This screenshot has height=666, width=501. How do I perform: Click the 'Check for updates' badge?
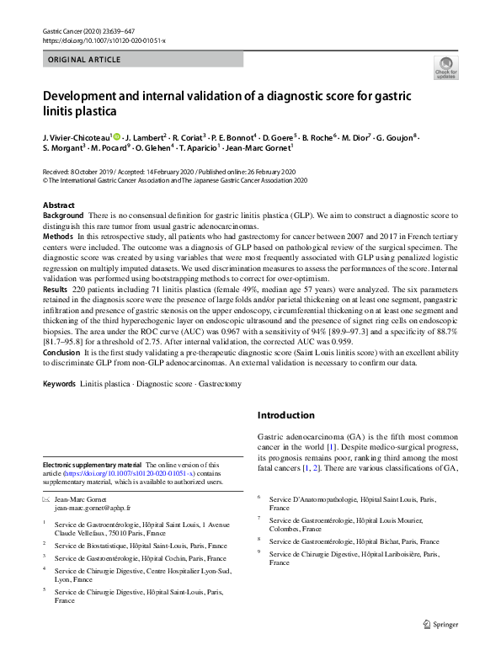point(445,67)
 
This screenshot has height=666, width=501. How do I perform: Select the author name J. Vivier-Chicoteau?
point(76,136)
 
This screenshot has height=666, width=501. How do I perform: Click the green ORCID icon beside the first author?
point(117,136)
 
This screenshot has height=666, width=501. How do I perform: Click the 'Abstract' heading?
point(58,205)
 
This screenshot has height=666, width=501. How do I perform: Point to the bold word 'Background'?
point(63,216)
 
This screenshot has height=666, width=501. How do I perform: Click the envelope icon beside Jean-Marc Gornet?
point(47,500)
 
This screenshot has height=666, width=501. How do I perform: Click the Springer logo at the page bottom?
point(441,624)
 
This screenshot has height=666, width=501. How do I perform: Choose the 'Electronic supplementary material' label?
point(92,465)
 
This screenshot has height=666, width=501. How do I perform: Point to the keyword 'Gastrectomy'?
point(218,385)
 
